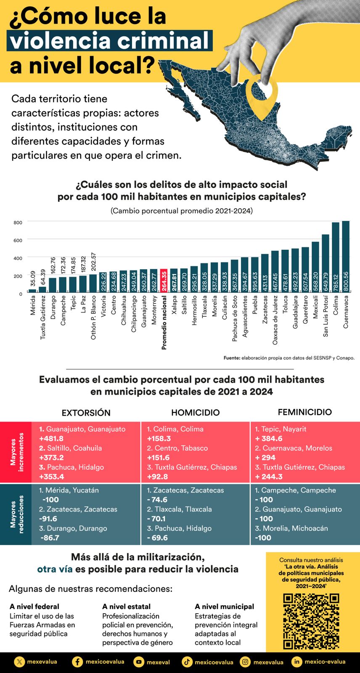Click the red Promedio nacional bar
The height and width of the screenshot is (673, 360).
pos(164,281)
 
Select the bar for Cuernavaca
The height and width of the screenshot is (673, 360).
pos(346,257)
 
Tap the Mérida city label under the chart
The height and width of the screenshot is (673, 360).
pos(33,305)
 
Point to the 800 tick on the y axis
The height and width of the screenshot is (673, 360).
pos(18,223)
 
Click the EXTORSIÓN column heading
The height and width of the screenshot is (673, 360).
pos(86,413)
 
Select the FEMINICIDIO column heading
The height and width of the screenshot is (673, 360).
pos(304,412)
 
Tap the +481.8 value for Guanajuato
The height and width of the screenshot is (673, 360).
pos(51,439)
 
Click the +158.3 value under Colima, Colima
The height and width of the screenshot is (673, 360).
pos(159,439)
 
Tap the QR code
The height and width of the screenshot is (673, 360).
pos(311,621)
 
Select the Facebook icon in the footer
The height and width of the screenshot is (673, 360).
pos(77,662)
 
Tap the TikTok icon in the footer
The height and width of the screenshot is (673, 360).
pos(187,662)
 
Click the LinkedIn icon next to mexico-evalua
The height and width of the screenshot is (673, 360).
pos(297,662)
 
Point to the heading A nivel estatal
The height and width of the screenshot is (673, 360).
pos(126,607)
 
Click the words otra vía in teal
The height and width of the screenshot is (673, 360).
pos(55,569)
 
